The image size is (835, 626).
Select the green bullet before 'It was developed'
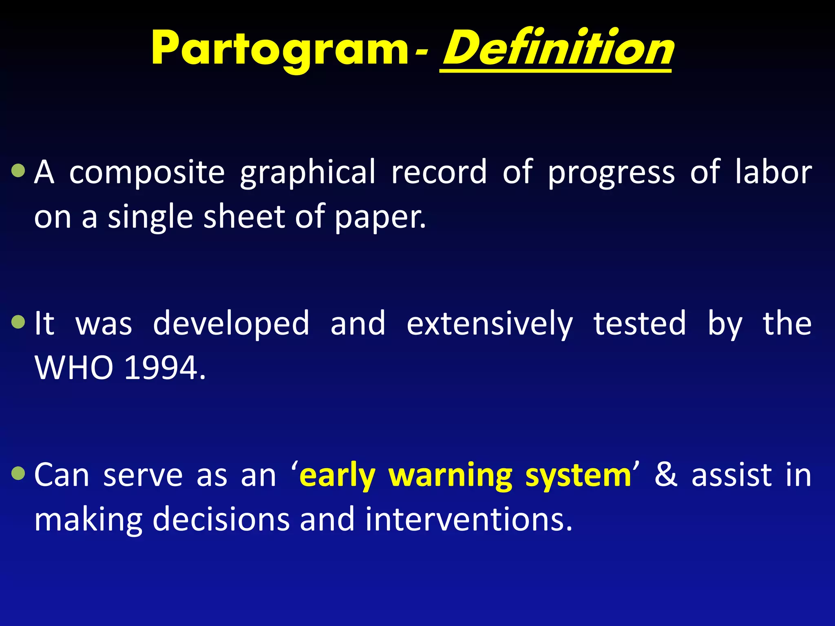[x=18, y=322]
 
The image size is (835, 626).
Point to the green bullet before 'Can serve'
[x=18, y=473]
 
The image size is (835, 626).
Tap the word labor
[x=773, y=172]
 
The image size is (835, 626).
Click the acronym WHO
[x=74, y=368]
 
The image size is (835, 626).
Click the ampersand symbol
[x=666, y=475]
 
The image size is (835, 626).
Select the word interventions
[x=468, y=520]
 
